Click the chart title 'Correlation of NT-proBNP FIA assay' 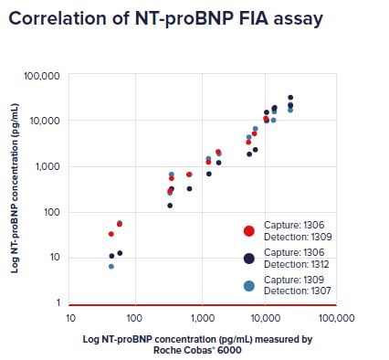coord(165,18)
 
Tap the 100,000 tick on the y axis coord(43,75)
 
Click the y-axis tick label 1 coord(57,302)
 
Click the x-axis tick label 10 coord(70,318)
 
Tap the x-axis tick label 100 coord(134,318)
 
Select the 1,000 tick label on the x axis coord(199,318)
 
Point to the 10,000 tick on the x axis coord(265,318)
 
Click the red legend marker coord(248,232)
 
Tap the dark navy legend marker coord(248,259)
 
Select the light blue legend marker coord(248,285)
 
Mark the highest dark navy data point coord(290,98)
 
